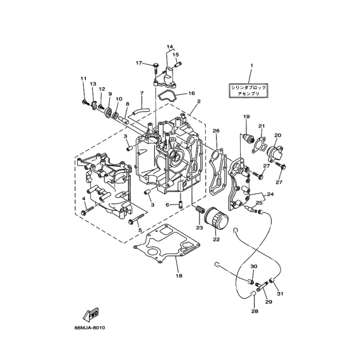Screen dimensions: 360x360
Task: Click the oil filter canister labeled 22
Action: click(x=217, y=218)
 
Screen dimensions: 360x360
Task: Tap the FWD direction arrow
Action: click(x=90, y=315)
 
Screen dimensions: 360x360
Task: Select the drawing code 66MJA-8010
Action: click(x=90, y=328)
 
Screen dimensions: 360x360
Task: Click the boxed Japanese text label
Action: click(x=248, y=90)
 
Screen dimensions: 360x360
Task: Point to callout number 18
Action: click(x=179, y=275)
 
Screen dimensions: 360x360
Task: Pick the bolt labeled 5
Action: click(x=136, y=219)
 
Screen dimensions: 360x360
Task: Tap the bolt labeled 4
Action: click(x=88, y=211)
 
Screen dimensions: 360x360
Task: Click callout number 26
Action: click(x=216, y=131)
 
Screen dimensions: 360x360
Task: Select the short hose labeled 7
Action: click(x=141, y=111)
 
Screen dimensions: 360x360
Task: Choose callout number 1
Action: click(x=251, y=66)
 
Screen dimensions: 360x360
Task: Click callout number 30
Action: click(x=254, y=267)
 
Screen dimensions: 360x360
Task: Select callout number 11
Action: click(x=83, y=78)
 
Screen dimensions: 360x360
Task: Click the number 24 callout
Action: click(x=270, y=195)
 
